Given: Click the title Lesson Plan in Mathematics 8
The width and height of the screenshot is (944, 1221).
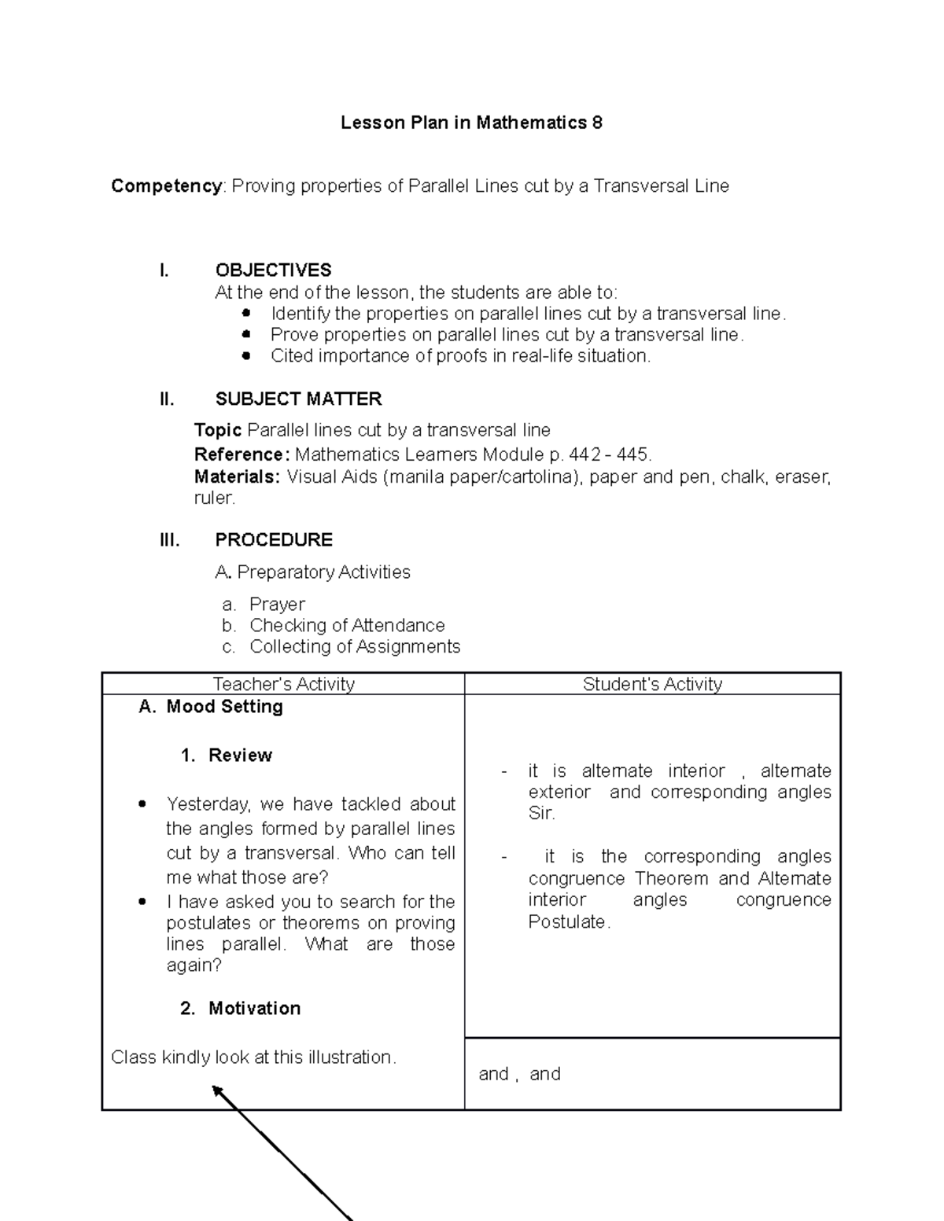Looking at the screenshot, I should pyautogui.click(x=471, y=123).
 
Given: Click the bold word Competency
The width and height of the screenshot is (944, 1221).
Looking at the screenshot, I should pyautogui.click(x=167, y=186).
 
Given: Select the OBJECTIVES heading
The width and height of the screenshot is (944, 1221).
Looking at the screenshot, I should pyautogui.click(x=273, y=270).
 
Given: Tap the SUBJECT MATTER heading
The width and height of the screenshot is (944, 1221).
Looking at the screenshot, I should pyautogui.click(x=298, y=399).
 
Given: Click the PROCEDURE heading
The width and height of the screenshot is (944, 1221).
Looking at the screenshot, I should pyautogui.click(x=273, y=540).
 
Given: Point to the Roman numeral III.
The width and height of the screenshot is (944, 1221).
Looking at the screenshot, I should pyautogui.click(x=169, y=540).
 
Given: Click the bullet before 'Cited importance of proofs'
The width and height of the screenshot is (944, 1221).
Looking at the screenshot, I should pyautogui.click(x=246, y=356).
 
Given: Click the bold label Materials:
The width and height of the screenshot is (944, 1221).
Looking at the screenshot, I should pyautogui.click(x=237, y=477).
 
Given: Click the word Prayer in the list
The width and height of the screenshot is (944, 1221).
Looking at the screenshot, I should pyautogui.click(x=277, y=605).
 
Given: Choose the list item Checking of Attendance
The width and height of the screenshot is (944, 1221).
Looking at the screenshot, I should pyautogui.click(x=347, y=626).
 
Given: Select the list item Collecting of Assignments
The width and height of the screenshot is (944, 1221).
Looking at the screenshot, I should pyautogui.click(x=355, y=647).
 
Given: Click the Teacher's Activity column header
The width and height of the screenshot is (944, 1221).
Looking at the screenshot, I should pyautogui.click(x=283, y=685).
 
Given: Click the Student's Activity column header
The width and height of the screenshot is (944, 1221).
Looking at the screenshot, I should pyautogui.click(x=652, y=685).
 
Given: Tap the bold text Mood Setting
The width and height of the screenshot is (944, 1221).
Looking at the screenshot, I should pyautogui.click(x=224, y=707).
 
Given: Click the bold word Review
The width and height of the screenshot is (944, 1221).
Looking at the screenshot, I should pyautogui.click(x=240, y=756).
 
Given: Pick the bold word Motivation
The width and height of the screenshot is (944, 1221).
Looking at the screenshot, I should pyautogui.click(x=254, y=1009).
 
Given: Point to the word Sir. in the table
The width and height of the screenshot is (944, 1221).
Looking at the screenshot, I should pyautogui.click(x=541, y=814).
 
